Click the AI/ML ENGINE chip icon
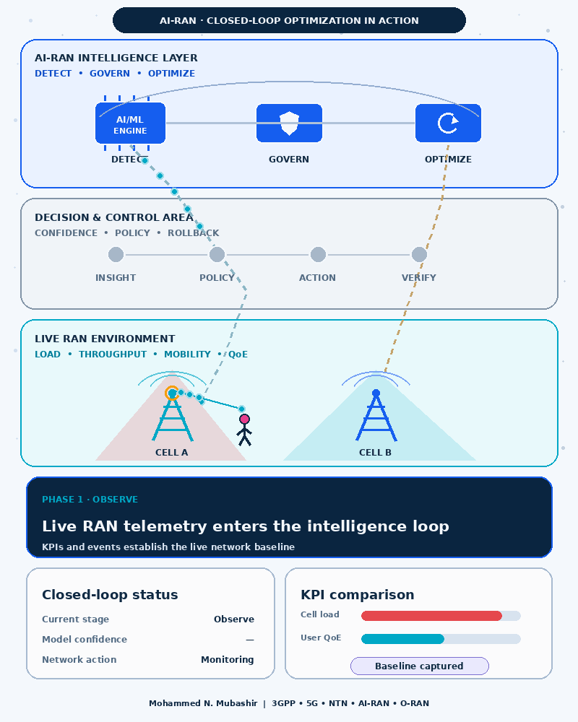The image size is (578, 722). click(130, 123)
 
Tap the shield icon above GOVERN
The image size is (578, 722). click(290, 123)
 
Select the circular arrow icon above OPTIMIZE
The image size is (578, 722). click(448, 123)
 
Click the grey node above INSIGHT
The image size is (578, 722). click(116, 254)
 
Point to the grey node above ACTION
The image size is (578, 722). click(318, 254)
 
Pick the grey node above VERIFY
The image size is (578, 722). click(419, 254)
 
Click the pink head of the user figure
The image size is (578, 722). click(244, 419)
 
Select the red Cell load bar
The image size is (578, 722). click(431, 616)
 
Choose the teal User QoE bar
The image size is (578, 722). click(402, 639)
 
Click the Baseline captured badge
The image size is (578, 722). click(420, 666)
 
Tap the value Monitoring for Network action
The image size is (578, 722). click(228, 659)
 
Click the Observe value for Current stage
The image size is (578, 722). click(233, 619)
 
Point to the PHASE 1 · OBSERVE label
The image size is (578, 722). click(90, 499)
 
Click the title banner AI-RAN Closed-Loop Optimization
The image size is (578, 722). click(289, 20)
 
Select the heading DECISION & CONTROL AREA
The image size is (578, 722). click(114, 217)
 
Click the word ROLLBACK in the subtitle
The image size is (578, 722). click(193, 233)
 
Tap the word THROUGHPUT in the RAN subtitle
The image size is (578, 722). click(113, 354)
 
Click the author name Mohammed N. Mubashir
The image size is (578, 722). click(203, 703)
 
